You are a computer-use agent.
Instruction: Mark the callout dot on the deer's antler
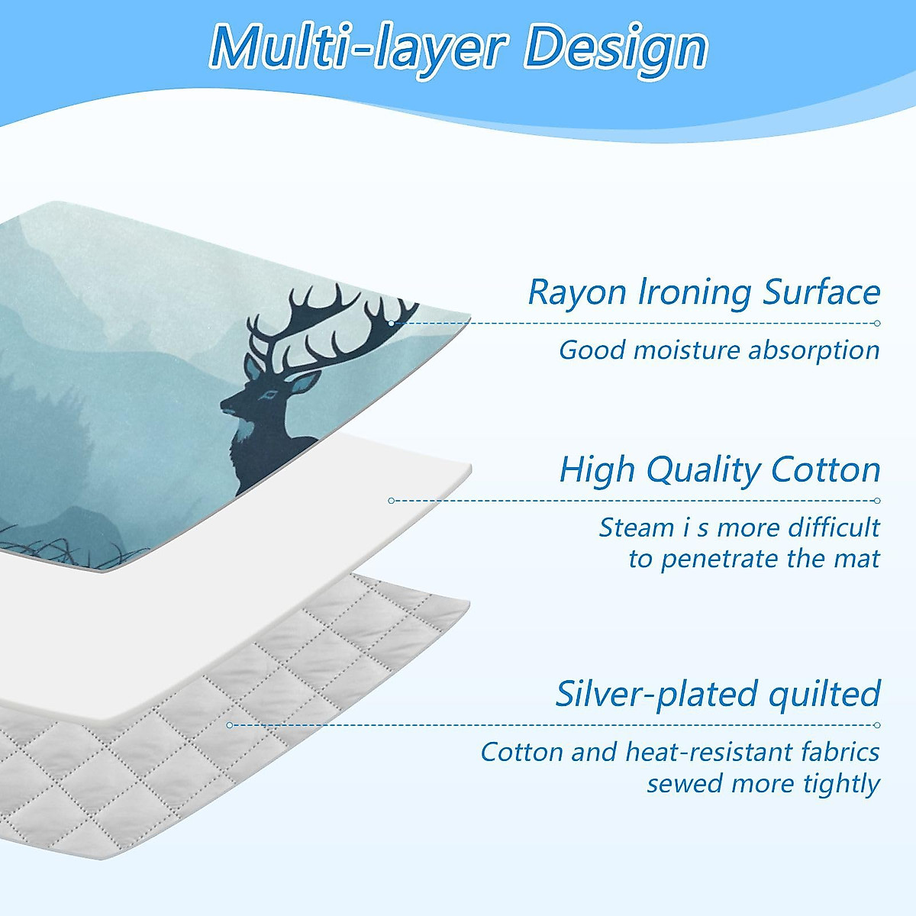coord(392,323)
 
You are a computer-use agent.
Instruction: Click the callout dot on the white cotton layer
coord(391,501)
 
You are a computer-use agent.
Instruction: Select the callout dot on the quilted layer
coord(230,725)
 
